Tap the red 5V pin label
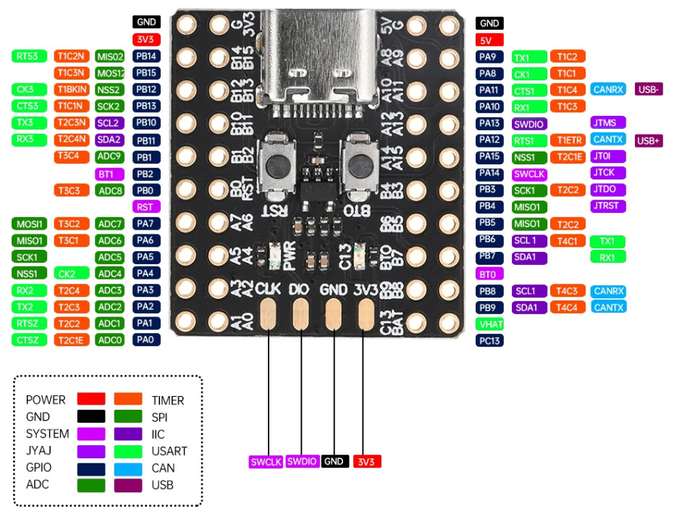(x=489, y=41)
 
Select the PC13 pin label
(x=489, y=340)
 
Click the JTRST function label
(x=608, y=206)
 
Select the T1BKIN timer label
(x=71, y=90)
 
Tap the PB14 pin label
(x=147, y=56)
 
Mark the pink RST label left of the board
(x=147, y=206)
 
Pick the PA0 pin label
(x=147, y=340)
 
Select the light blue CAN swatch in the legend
(x=128, y=468)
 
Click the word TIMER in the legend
(x=167, y=400)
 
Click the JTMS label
(x=608, y=122)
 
